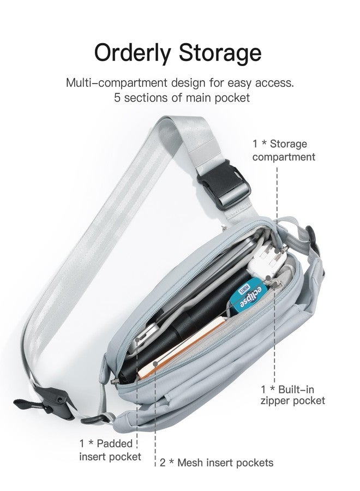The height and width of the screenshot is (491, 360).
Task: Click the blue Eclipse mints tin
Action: [x=249, y=296]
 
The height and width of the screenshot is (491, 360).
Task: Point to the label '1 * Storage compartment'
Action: [x=284, y=151]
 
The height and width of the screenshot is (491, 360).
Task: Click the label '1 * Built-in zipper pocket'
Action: [x=293, y=395]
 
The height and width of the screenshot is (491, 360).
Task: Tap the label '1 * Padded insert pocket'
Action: [x=110, y=450]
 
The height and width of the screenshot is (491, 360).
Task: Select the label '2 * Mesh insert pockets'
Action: [x=217, y=463]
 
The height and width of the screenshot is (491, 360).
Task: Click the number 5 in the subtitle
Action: [x=117, y=98]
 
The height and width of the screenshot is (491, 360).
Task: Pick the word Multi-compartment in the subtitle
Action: [x=116, y=83]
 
